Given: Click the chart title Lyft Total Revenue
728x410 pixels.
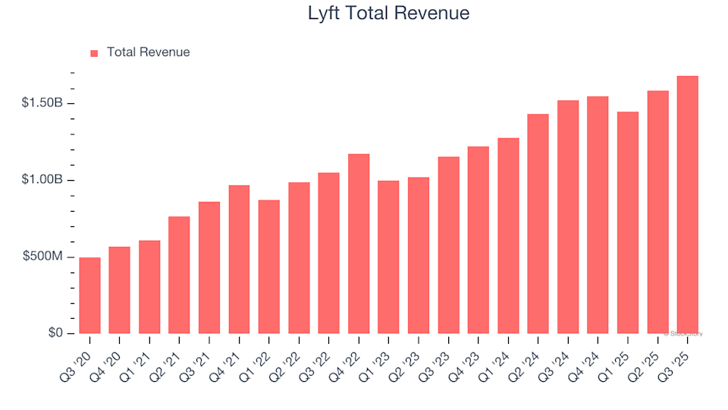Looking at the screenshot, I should point(388,13).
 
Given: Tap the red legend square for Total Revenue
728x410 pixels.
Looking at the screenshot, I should point(94,53).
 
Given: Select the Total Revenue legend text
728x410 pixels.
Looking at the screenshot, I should point(148,52).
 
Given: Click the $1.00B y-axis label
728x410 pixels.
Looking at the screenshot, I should point(43,180).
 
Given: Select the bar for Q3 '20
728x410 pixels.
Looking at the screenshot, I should point(89,296).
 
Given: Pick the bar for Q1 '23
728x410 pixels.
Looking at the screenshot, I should point(388,257).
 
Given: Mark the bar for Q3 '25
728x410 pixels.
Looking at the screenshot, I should point(687,205).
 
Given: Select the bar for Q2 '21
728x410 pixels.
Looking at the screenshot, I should point(179,275).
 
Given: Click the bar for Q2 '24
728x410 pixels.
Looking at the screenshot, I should point(538,224).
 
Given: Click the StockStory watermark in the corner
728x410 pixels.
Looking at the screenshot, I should point(684,333).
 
